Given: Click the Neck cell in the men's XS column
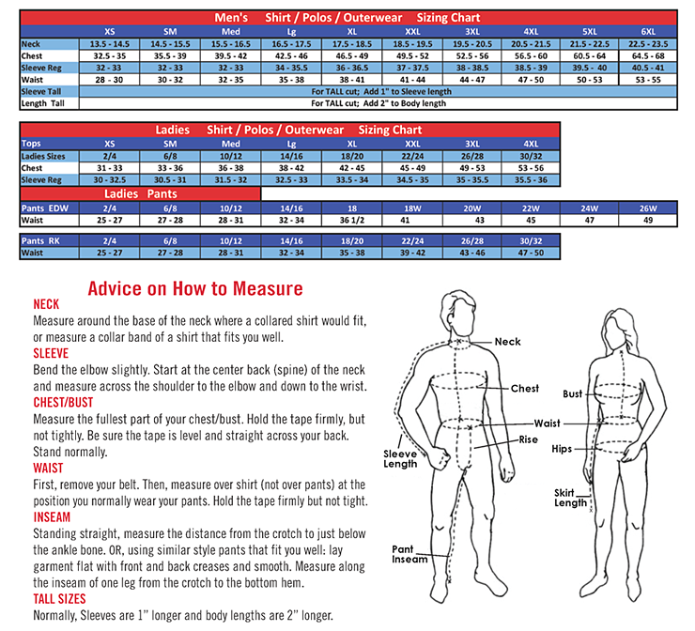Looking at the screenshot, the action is click(x=110, y=44).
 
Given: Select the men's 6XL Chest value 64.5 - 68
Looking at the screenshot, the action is click(x=648, y=56).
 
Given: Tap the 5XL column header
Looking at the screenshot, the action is click(x=590, y=32).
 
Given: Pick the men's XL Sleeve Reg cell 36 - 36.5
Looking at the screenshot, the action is click(x=352, y=68).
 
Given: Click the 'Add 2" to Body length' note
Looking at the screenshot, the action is click(x=404, y=103).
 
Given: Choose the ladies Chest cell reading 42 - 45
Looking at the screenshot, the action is click(x=352, y=168).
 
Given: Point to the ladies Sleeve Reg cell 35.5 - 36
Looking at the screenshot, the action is click(x=531, y=180).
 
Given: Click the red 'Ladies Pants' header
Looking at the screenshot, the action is click(x=141, y=193).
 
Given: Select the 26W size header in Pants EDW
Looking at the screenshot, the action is click(x=648, y=208).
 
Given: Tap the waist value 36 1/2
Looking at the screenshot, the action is click(x=352, y=221).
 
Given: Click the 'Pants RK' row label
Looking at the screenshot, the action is click(x=40, y=241).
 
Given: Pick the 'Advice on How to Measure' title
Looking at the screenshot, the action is click(x=195, y=288).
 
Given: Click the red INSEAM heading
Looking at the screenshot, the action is click(x=52, y=517).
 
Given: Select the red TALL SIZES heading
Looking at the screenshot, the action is click(x=59, y=599).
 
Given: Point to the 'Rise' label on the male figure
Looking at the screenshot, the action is click(x=529, y=439).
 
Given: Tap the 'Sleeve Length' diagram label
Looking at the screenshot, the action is click(x=400, y=459).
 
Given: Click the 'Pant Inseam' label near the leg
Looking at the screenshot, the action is click(x=409, y=554).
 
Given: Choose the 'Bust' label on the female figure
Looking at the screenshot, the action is click(x=573, y=394).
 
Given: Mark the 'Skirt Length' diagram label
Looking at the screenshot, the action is click(x=570, y=498).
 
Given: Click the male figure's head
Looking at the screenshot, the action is click(x=459, y=314).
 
